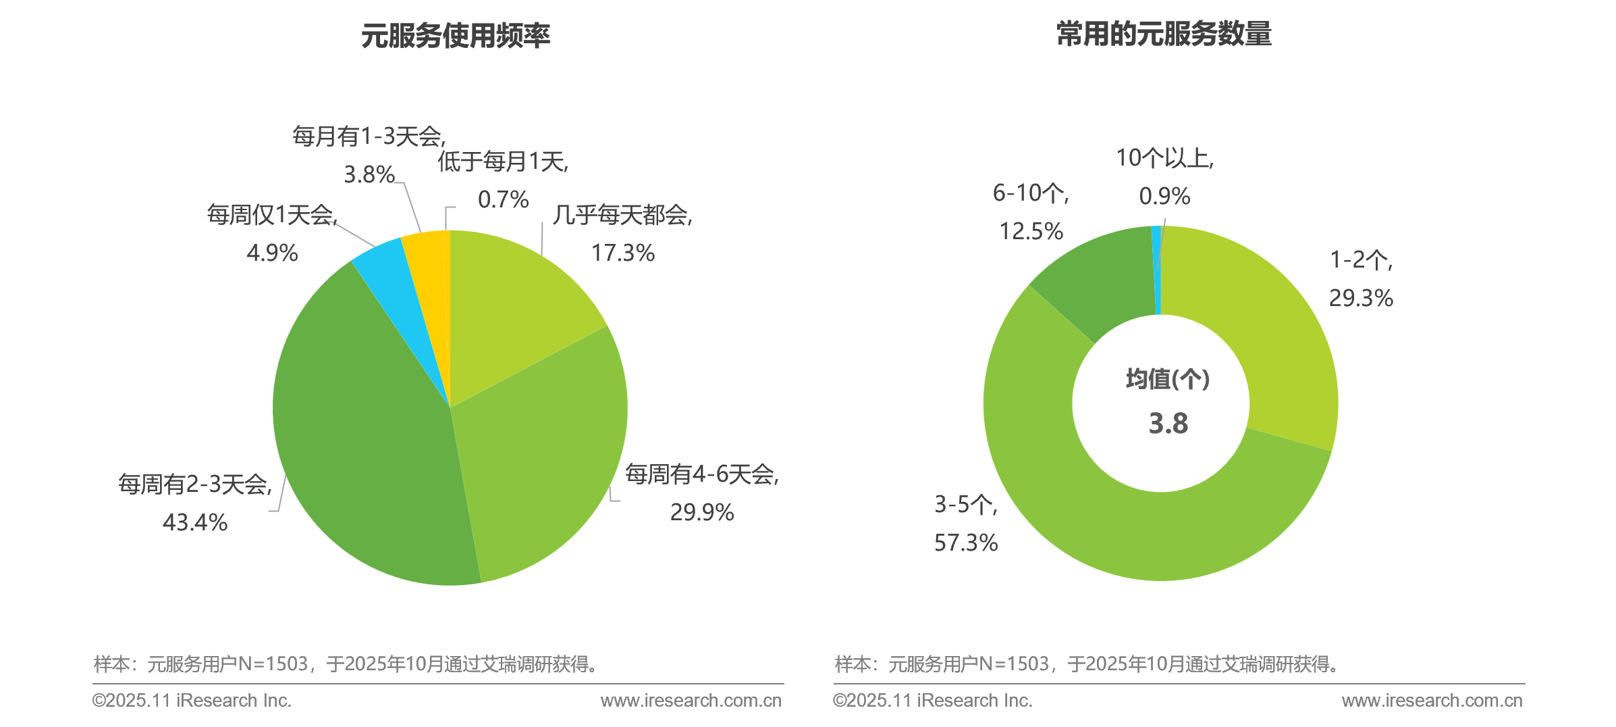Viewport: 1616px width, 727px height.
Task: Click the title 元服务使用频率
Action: (x=456, y=36)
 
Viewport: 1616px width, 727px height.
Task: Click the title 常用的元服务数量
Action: (x=1164, y=34)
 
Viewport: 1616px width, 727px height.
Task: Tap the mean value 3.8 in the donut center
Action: (x=1168, y=424)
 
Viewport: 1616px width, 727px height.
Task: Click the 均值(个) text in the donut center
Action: (x=1168, y=379)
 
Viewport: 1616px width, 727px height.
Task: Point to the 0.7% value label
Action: (x=503, y=199)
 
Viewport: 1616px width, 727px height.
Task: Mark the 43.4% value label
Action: (x=195, y=522)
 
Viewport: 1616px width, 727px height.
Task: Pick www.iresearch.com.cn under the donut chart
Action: (x=1432, y=701)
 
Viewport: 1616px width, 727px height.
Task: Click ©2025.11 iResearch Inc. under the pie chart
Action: (x=192, y=701)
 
